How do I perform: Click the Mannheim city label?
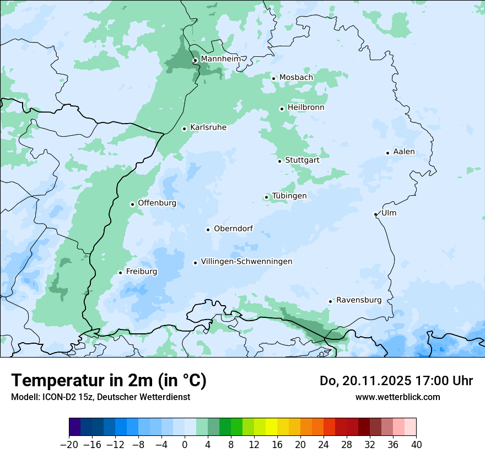coord(220,58)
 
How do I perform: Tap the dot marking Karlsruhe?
coord(185,129)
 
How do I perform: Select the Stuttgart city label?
coord(302,160)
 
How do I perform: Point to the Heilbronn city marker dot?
coord(282,109)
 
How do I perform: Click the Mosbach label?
coord(296,77)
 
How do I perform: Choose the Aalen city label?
coord(404,152)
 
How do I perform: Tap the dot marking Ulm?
coord(376,214)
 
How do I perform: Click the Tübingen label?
coord(289,196)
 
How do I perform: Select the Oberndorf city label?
coord(233,228)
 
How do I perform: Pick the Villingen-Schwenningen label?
coord(246,262)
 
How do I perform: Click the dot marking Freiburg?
coord(120,273)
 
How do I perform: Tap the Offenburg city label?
coord(157,203)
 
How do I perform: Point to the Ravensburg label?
coord(359,300)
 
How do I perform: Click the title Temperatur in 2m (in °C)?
coord(109,380)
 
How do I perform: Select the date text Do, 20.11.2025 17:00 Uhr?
coord(396,381)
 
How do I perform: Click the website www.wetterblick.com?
coord(397,397)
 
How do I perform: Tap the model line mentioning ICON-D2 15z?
coord(100,397)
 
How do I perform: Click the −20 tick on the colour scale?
coord(69,444)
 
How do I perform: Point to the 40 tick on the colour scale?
coord(416,444)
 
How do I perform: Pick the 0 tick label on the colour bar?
coord(185,444)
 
